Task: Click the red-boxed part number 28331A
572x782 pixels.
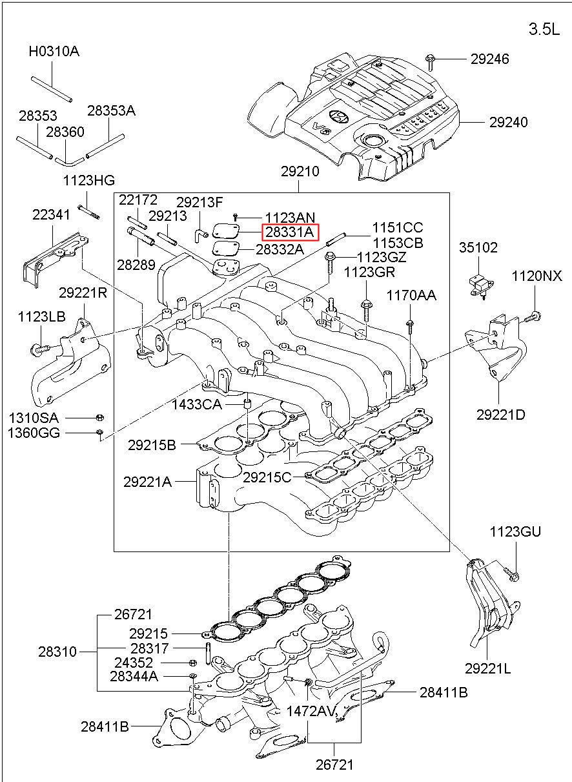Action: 290,232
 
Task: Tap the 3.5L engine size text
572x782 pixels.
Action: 544,29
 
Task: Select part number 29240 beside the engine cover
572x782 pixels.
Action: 507,122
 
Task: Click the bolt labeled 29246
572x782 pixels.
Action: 431,60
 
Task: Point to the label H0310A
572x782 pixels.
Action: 54,51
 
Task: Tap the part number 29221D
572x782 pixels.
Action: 500,414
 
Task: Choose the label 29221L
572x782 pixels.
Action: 487,668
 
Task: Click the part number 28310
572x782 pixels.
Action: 57,652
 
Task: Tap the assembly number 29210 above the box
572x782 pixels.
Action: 300,172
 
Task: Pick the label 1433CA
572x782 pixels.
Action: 197,405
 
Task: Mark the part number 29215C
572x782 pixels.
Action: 267,477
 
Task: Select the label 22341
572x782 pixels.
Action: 52,214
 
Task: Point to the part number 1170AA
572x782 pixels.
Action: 411,295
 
